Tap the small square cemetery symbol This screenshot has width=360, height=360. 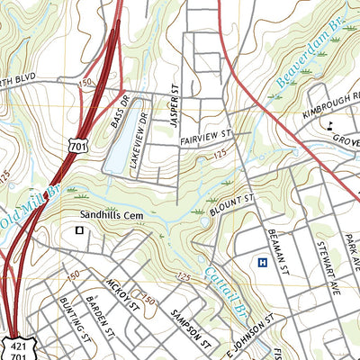pyautogui.click(x=80, y=231)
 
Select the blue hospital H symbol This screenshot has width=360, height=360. pyautogui.click(x=262, y=263)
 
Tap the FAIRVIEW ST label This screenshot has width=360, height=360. pyautogui.click(x=206, y=136)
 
